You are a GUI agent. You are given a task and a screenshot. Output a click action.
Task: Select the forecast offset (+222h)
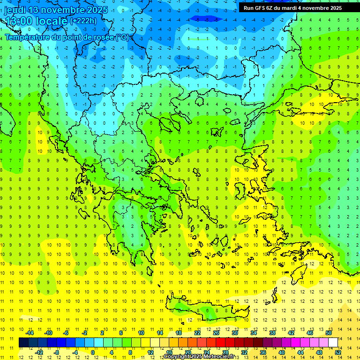(x=83, y=21)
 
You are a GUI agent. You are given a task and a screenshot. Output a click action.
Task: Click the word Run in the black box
(x=248, y=8)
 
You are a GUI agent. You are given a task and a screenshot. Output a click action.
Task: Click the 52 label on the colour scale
(x=338, y=352)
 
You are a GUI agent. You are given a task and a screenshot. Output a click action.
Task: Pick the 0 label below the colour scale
(x=93, y=352)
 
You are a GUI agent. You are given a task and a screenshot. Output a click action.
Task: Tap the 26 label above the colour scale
(x=216, y=333)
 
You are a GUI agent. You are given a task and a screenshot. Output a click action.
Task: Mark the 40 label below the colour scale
(x=282, y=352)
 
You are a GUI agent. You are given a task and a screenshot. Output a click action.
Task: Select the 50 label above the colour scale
(x=329, y=333)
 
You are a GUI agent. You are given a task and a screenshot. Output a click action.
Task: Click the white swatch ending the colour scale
(x=333, y=342)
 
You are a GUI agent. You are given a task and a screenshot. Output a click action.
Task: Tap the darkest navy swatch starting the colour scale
(x=23, y=342)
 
